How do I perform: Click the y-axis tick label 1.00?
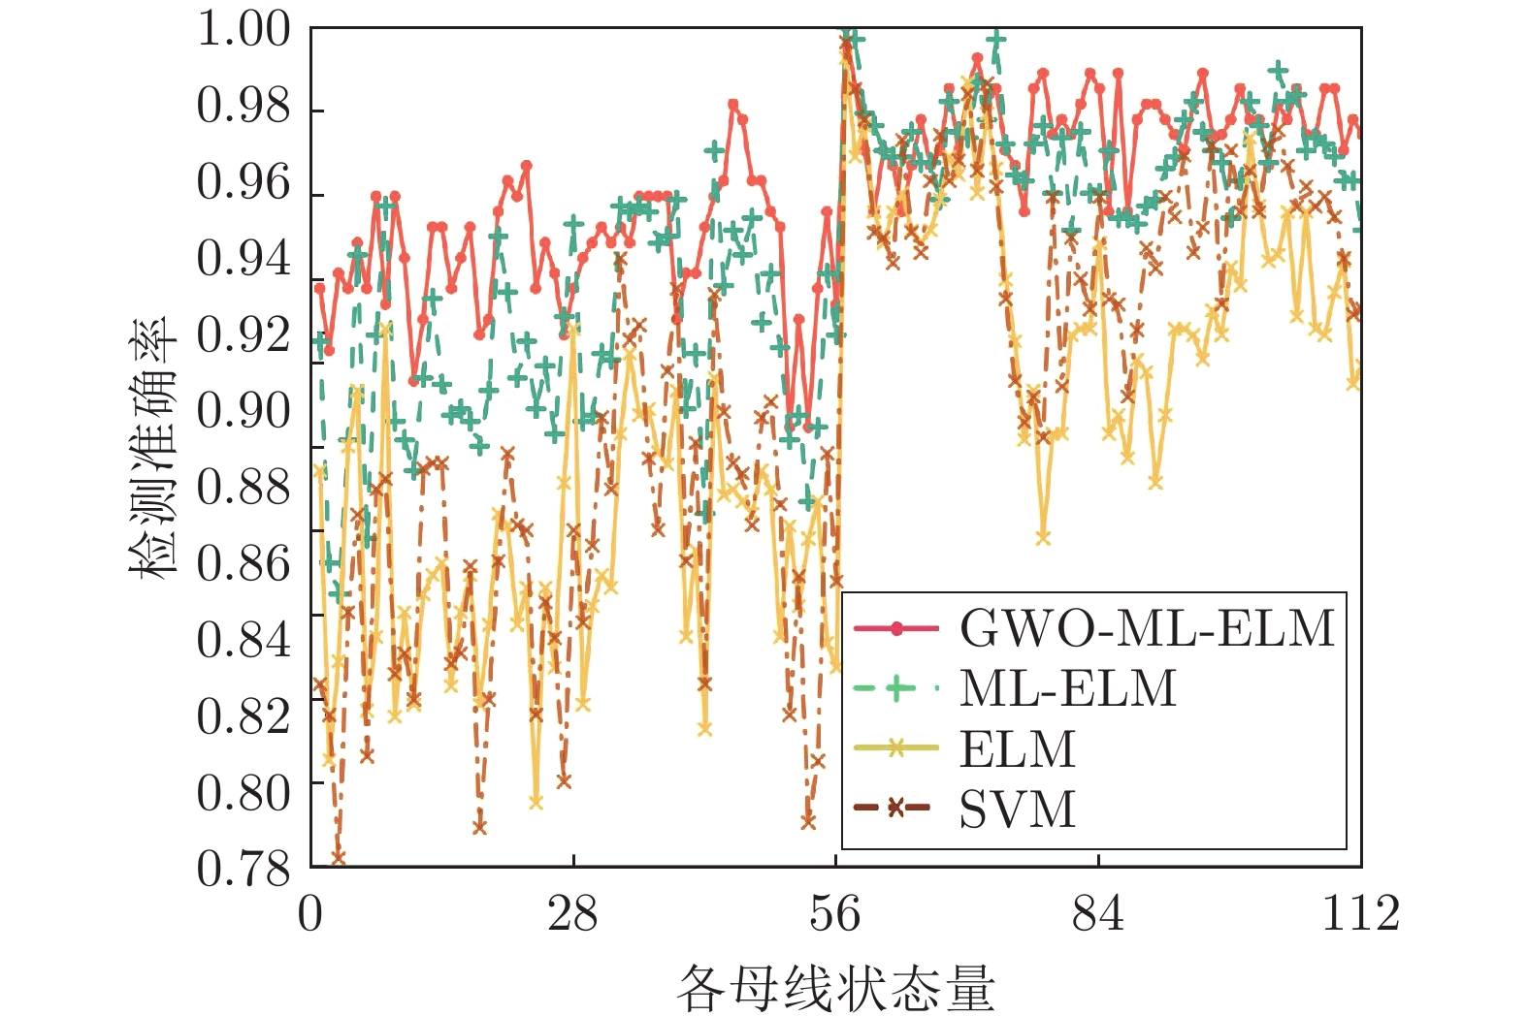tap(244, 29)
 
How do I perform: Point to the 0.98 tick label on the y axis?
tap(244, 106)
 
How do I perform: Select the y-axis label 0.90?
tap(244, 411)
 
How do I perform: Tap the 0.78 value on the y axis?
tap(244, 869)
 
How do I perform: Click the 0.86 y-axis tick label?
tap(244, 563)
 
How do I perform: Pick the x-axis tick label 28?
tap(572, 913)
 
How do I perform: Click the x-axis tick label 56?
tap(835, 913)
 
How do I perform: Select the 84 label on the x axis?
tap(1098, 913)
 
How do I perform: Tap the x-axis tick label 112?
tap(1361, 913)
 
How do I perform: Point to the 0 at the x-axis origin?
tap(310, 913)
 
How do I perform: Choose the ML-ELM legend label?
tap(1068, 688)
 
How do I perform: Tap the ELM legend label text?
tap(1018, 748)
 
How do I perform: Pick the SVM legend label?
tap(1018, 809)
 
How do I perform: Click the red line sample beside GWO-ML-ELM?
tap(896, 629)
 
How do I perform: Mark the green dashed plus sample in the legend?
tap(896, 689)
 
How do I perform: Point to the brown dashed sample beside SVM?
tap(896, 808)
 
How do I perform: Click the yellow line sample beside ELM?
tap(896, 747)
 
